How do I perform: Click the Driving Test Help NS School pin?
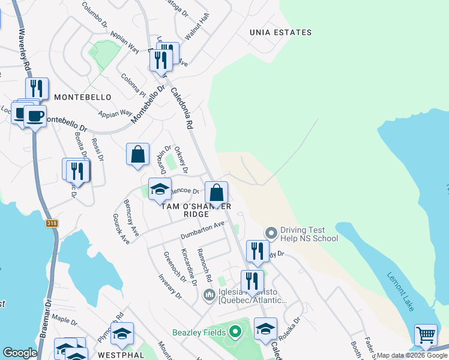pyautogui.click(x=271, y=232)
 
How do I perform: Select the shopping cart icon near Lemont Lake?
pyautogui.click(x=426, y=335)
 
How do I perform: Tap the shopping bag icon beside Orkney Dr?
pyautogui.click(x=138, y=154)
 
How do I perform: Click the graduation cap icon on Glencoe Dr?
pyautogui.click(x=160, y=188)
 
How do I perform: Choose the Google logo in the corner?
pyautogui.click(x=20, y=353)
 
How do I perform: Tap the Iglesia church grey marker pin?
pyautogui.click(x=209, y=295)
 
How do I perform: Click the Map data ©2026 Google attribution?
pyautogui.click(x=412, y=355)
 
